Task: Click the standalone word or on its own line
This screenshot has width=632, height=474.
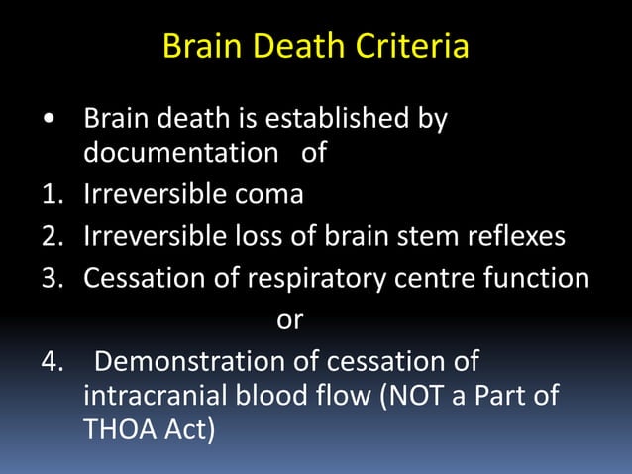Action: click(x=289, y=320)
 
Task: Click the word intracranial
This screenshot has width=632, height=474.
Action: click(x=156, y=396)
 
